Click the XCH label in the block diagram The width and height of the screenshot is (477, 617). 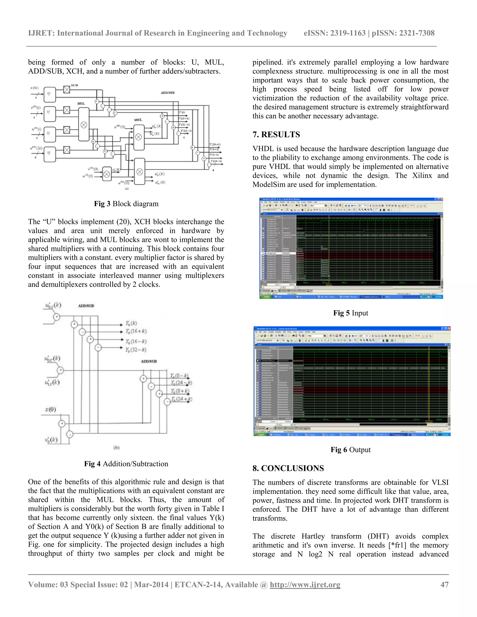pos(74,85)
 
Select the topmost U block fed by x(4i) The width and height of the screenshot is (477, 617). pos(49,94)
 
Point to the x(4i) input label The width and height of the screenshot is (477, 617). pos(34,88)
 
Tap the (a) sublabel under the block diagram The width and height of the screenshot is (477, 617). pos(127,188)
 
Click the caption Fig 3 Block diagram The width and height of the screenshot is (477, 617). pos(126,204)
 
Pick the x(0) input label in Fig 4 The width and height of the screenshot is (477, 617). pos(51,409)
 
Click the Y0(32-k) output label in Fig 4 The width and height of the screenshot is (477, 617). pos(136,350)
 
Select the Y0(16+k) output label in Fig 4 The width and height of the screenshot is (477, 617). pos(136,331)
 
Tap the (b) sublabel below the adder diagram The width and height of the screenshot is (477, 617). pos(116,447)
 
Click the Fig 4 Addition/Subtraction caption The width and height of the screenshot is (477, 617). pos(126,464)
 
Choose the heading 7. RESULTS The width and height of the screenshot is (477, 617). pos(276,135)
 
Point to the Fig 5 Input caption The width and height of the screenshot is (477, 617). pos(350,313)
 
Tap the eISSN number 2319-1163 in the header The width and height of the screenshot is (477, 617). pos(348,33)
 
